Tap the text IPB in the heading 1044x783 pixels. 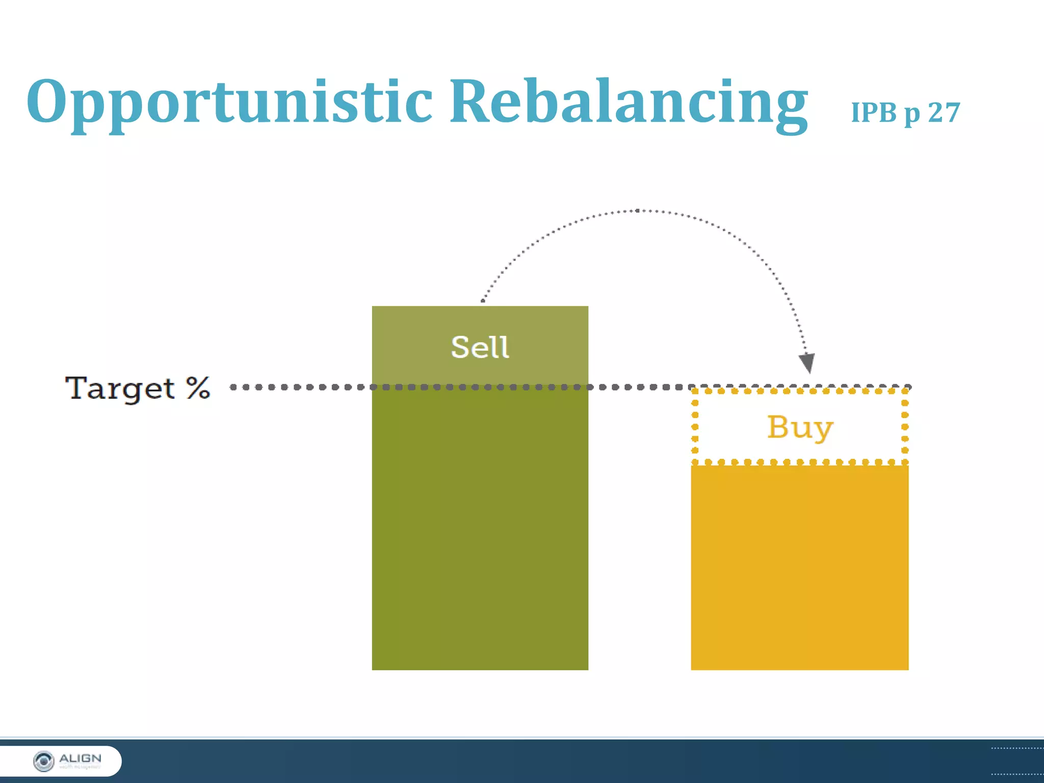(874, 112)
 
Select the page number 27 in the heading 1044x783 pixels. (944, 112)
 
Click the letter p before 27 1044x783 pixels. (912, 114)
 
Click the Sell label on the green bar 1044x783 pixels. (480, 348)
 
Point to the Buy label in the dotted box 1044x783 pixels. (800, 427)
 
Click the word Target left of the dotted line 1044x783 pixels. (120, 388)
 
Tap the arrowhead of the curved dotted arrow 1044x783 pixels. (807, 362)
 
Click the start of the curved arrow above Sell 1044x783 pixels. (483, 301)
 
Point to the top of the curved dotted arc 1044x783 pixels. (637, 211)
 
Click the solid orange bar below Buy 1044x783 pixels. (799, 566)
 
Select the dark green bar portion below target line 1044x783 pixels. (480, 530)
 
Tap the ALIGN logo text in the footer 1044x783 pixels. (80, 759)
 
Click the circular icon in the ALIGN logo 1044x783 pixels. (43, 761)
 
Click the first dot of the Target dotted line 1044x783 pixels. (233, 387)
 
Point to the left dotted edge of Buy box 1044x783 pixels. (694, 427)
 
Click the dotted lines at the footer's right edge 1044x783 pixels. (1017, 761)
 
